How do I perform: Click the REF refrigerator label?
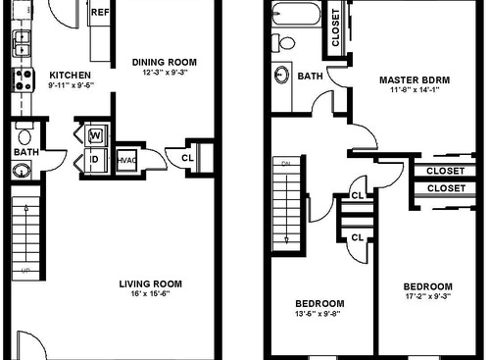tap(99, 14)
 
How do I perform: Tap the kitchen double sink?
tap(21, 43)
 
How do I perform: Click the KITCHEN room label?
tap(70, 75)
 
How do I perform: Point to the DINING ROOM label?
tap(164, 63)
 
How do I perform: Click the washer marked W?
tap(96, 135)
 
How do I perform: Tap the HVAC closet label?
tap(125, 159)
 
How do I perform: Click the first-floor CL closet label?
tap(187, 155)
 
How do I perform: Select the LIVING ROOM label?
tap(150, 284)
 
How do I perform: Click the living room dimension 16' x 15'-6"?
tap(150, 295)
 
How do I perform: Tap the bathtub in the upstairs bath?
tap(295, 17)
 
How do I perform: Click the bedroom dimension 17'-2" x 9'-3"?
tap(428, 296)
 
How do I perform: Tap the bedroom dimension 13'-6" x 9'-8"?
tap(320, 313)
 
